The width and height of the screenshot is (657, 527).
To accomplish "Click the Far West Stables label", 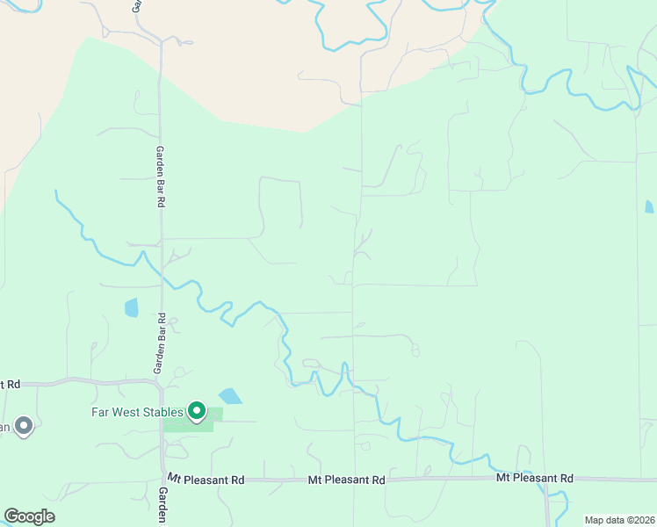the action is [x=137, y=411].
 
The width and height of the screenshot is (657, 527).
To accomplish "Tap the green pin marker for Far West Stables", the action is [x=198, y=410].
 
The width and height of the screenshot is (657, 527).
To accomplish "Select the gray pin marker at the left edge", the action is [x=24, y=426].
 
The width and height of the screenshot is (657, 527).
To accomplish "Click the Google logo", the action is [x=29, y=516].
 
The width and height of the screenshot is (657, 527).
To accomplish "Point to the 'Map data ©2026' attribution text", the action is [x=619, y=520].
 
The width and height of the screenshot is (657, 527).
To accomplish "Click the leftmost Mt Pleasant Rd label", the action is [x=206, y=480].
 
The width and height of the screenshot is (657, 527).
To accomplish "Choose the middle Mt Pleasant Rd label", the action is [x=347, y=480].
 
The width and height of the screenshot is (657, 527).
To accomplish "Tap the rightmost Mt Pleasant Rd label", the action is [x=534, y=478].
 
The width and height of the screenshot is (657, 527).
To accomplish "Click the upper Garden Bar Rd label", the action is [x=161, y=176].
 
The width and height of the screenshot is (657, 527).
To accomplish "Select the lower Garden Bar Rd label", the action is [x=161, y=343].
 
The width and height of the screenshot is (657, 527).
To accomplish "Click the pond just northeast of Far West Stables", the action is [x=230, y=396].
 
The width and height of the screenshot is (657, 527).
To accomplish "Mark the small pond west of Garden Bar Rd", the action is [x=132, y=307].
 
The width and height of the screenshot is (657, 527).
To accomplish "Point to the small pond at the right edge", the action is [x=649, y=207].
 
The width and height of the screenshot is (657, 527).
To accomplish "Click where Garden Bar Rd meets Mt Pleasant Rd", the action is [x=162, y=480].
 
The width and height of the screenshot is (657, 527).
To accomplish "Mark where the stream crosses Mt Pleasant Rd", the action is [x=547, y=480].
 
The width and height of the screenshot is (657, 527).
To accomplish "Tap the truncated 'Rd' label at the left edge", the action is [x=11, y=384].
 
